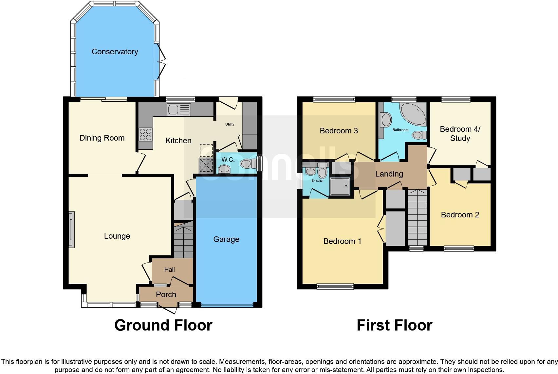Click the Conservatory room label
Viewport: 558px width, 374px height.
(x=115, y=52)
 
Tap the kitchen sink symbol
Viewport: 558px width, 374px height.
(x=179, y=110)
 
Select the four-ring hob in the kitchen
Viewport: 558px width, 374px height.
(x=146, y=134)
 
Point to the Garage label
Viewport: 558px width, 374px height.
(x=226, y=239)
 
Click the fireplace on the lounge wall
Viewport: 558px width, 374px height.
(x=71, y=229)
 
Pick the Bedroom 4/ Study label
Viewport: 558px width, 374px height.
(x=460, y=133)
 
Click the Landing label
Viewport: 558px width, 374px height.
(x=389, y=174)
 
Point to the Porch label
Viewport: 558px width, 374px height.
(x=166, y=295)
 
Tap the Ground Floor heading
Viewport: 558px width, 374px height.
(x=163, y=325)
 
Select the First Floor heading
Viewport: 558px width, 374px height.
(x=394, y=325)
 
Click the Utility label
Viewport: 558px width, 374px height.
(x=230, y=124)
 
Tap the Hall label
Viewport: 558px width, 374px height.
(x=169, y=269)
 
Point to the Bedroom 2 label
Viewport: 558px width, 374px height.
(x=460, y=215)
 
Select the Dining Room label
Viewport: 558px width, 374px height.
(x=102, y=138)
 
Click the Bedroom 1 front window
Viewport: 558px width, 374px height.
(x=335, y=286)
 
